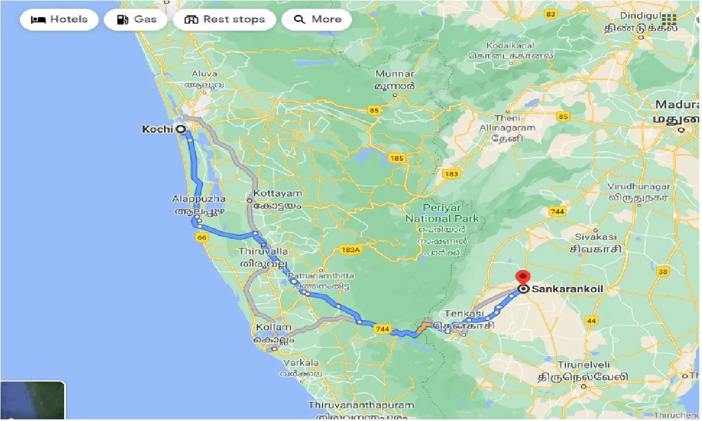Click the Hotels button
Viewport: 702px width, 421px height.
[59, 20]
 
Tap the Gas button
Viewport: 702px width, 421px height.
[137, 20]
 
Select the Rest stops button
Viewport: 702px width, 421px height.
[224, 20]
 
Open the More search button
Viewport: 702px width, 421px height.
[316, 20]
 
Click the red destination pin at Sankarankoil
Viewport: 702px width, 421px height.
[523, 277]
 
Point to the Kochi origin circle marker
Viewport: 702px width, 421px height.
[181, 129]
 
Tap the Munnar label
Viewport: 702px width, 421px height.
[395, 73]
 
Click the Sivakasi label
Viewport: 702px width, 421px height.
[596, 237]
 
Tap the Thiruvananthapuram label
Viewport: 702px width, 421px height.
[361, 405]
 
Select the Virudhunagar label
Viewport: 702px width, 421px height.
[639, 186]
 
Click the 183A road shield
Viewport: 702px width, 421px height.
[350, 249]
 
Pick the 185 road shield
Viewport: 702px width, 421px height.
[397, 158]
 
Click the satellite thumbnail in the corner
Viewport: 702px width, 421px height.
[33, 401]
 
